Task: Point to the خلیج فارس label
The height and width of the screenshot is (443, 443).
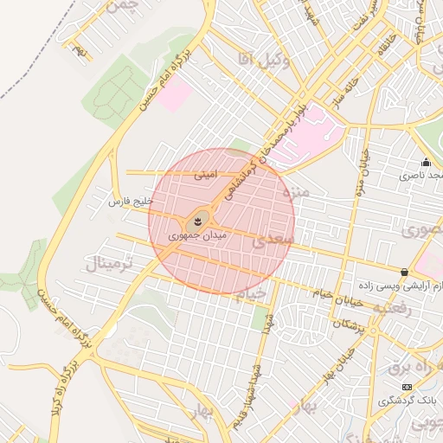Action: point(130,201)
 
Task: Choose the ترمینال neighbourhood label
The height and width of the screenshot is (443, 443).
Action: point(106,263)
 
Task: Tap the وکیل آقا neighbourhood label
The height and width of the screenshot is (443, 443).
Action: point(261,58)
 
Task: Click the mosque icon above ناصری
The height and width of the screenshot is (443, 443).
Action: point(426,162)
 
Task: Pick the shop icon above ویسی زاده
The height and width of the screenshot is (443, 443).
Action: point(404,272)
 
